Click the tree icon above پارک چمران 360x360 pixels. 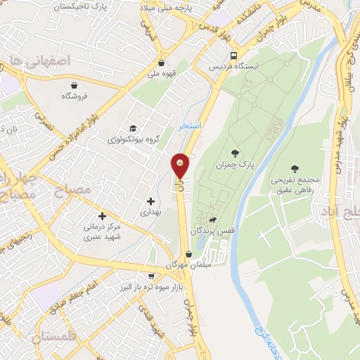[x=235, y=153]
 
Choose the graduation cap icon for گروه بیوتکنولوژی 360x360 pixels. [x=131, y=128]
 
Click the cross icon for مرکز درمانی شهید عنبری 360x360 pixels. [x=103, y=216]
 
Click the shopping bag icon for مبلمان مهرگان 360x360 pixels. [x=188, y=255]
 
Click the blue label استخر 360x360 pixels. [x=190, y=124]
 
